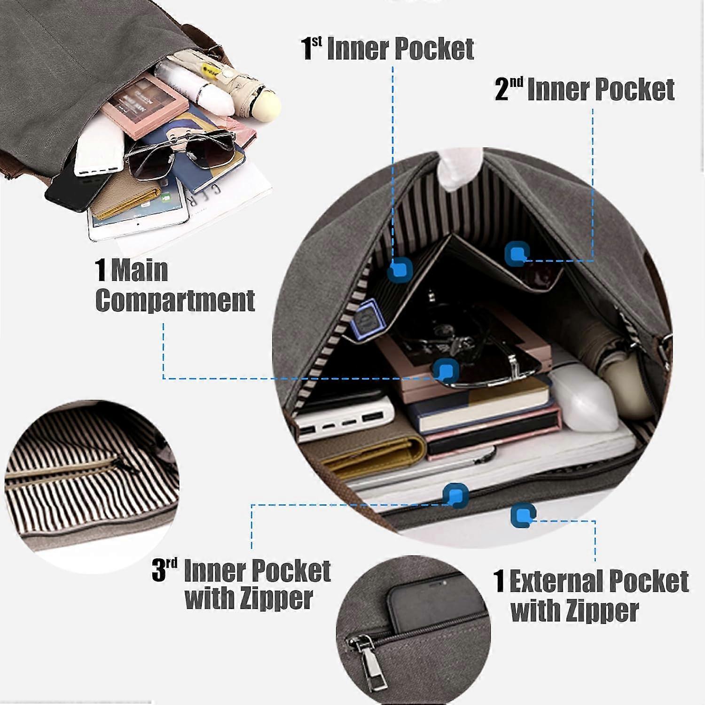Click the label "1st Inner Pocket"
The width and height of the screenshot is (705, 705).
pos(387,48)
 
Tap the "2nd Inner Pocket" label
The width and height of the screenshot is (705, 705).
pos(585,89)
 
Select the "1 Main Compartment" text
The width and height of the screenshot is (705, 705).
pos(175,285)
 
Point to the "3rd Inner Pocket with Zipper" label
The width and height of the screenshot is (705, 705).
pos(242,584)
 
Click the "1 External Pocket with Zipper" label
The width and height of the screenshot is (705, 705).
pos(591,595)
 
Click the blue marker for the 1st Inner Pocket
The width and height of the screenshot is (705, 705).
pos(400,270)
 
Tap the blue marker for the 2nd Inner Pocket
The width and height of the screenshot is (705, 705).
pos(517,254)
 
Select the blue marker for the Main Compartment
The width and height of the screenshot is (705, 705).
pos(446,370)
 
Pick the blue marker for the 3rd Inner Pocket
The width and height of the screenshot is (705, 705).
pos(455,495)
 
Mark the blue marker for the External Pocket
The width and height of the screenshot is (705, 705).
pos(523,515)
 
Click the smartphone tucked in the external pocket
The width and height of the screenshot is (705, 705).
pos(435,604)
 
